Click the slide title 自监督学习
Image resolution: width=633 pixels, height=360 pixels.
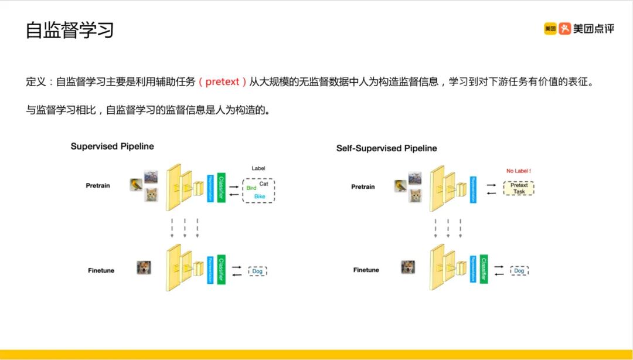click(69, 30)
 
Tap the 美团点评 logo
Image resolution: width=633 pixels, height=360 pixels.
click(578, 29)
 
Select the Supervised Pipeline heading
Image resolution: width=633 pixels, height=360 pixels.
click(112, 146)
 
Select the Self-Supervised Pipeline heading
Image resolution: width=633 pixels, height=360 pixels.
click(386, 148)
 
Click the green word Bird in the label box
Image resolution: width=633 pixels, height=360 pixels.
click(251, 188)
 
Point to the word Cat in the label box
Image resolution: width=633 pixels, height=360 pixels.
click(264, 184)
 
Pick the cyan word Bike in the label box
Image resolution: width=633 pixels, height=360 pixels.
click(260, 196)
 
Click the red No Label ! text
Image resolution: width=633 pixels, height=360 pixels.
click(519, 171)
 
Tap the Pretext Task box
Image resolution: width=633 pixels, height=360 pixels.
click(519, 188)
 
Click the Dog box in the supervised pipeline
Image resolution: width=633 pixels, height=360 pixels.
click(257, 271)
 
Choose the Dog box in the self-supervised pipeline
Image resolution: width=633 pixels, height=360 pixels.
click(519, 271)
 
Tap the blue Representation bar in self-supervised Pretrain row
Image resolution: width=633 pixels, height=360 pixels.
click(472, 188)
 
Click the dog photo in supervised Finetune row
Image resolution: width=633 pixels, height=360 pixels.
click(144, 268)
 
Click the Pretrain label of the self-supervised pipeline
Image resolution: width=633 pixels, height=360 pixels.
click(363, 187)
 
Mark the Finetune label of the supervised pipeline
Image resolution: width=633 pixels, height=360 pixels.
click(101, 270)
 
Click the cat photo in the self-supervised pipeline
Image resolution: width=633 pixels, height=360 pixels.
click(415, 196)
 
